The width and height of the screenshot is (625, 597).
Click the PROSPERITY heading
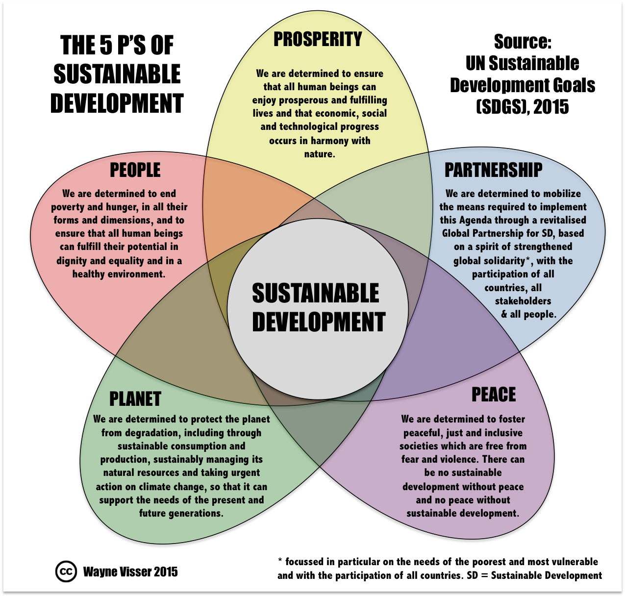(x=318, y=39)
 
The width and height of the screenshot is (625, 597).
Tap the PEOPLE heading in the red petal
(x=135, y=170)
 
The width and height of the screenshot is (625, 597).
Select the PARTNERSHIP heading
(x=493, y=170)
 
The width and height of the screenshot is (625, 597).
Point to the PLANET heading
(x=135, y=399)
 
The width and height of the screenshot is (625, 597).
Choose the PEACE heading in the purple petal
(x=494, y=395)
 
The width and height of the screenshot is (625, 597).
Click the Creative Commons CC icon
(x=66, y=572)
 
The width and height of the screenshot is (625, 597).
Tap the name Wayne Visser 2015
(x=130, y=572)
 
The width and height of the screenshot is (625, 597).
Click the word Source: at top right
(x=523, y=42)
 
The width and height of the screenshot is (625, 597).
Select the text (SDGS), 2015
(x=522, y=107)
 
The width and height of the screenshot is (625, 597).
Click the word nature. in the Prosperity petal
(x=320, y=154)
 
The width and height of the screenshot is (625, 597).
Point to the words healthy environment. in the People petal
(x=119, y=274)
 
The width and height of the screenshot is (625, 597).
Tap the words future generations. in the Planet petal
(x=181, y=513)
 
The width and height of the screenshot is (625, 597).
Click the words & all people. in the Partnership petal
(x=528, y=314)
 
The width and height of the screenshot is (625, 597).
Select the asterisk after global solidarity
(x=527, y=258)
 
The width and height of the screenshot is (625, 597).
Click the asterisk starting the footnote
(x=280, y=560)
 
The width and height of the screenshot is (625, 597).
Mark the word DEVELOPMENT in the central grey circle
(x=319, y=322)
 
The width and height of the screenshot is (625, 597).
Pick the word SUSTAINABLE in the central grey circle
(x=315, y=293)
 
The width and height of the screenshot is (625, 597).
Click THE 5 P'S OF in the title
(x=117, y=45)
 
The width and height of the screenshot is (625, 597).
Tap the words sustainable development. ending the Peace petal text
(x=463, y=513)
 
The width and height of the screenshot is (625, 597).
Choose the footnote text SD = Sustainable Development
(x=534, y=575)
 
